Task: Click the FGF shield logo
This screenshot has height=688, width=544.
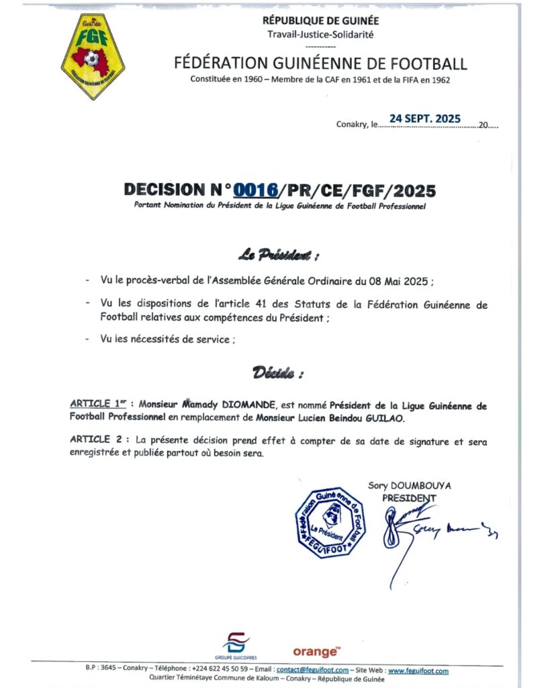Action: click(92, 56)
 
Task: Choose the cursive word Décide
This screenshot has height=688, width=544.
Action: click(277, 372)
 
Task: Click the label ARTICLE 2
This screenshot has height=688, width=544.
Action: click(97, 439)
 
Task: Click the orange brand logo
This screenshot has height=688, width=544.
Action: click(316, 651)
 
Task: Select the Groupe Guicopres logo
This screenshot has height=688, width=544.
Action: click(234, 646)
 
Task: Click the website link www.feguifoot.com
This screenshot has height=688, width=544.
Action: click(418, 670)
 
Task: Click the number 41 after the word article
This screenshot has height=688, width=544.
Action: click(273, 304)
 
